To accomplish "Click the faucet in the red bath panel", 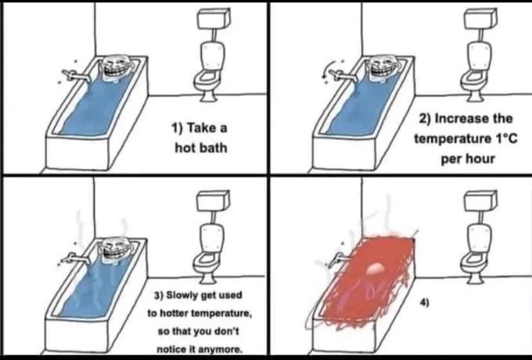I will coord(335,259).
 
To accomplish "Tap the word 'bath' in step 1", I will coord(213,148).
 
